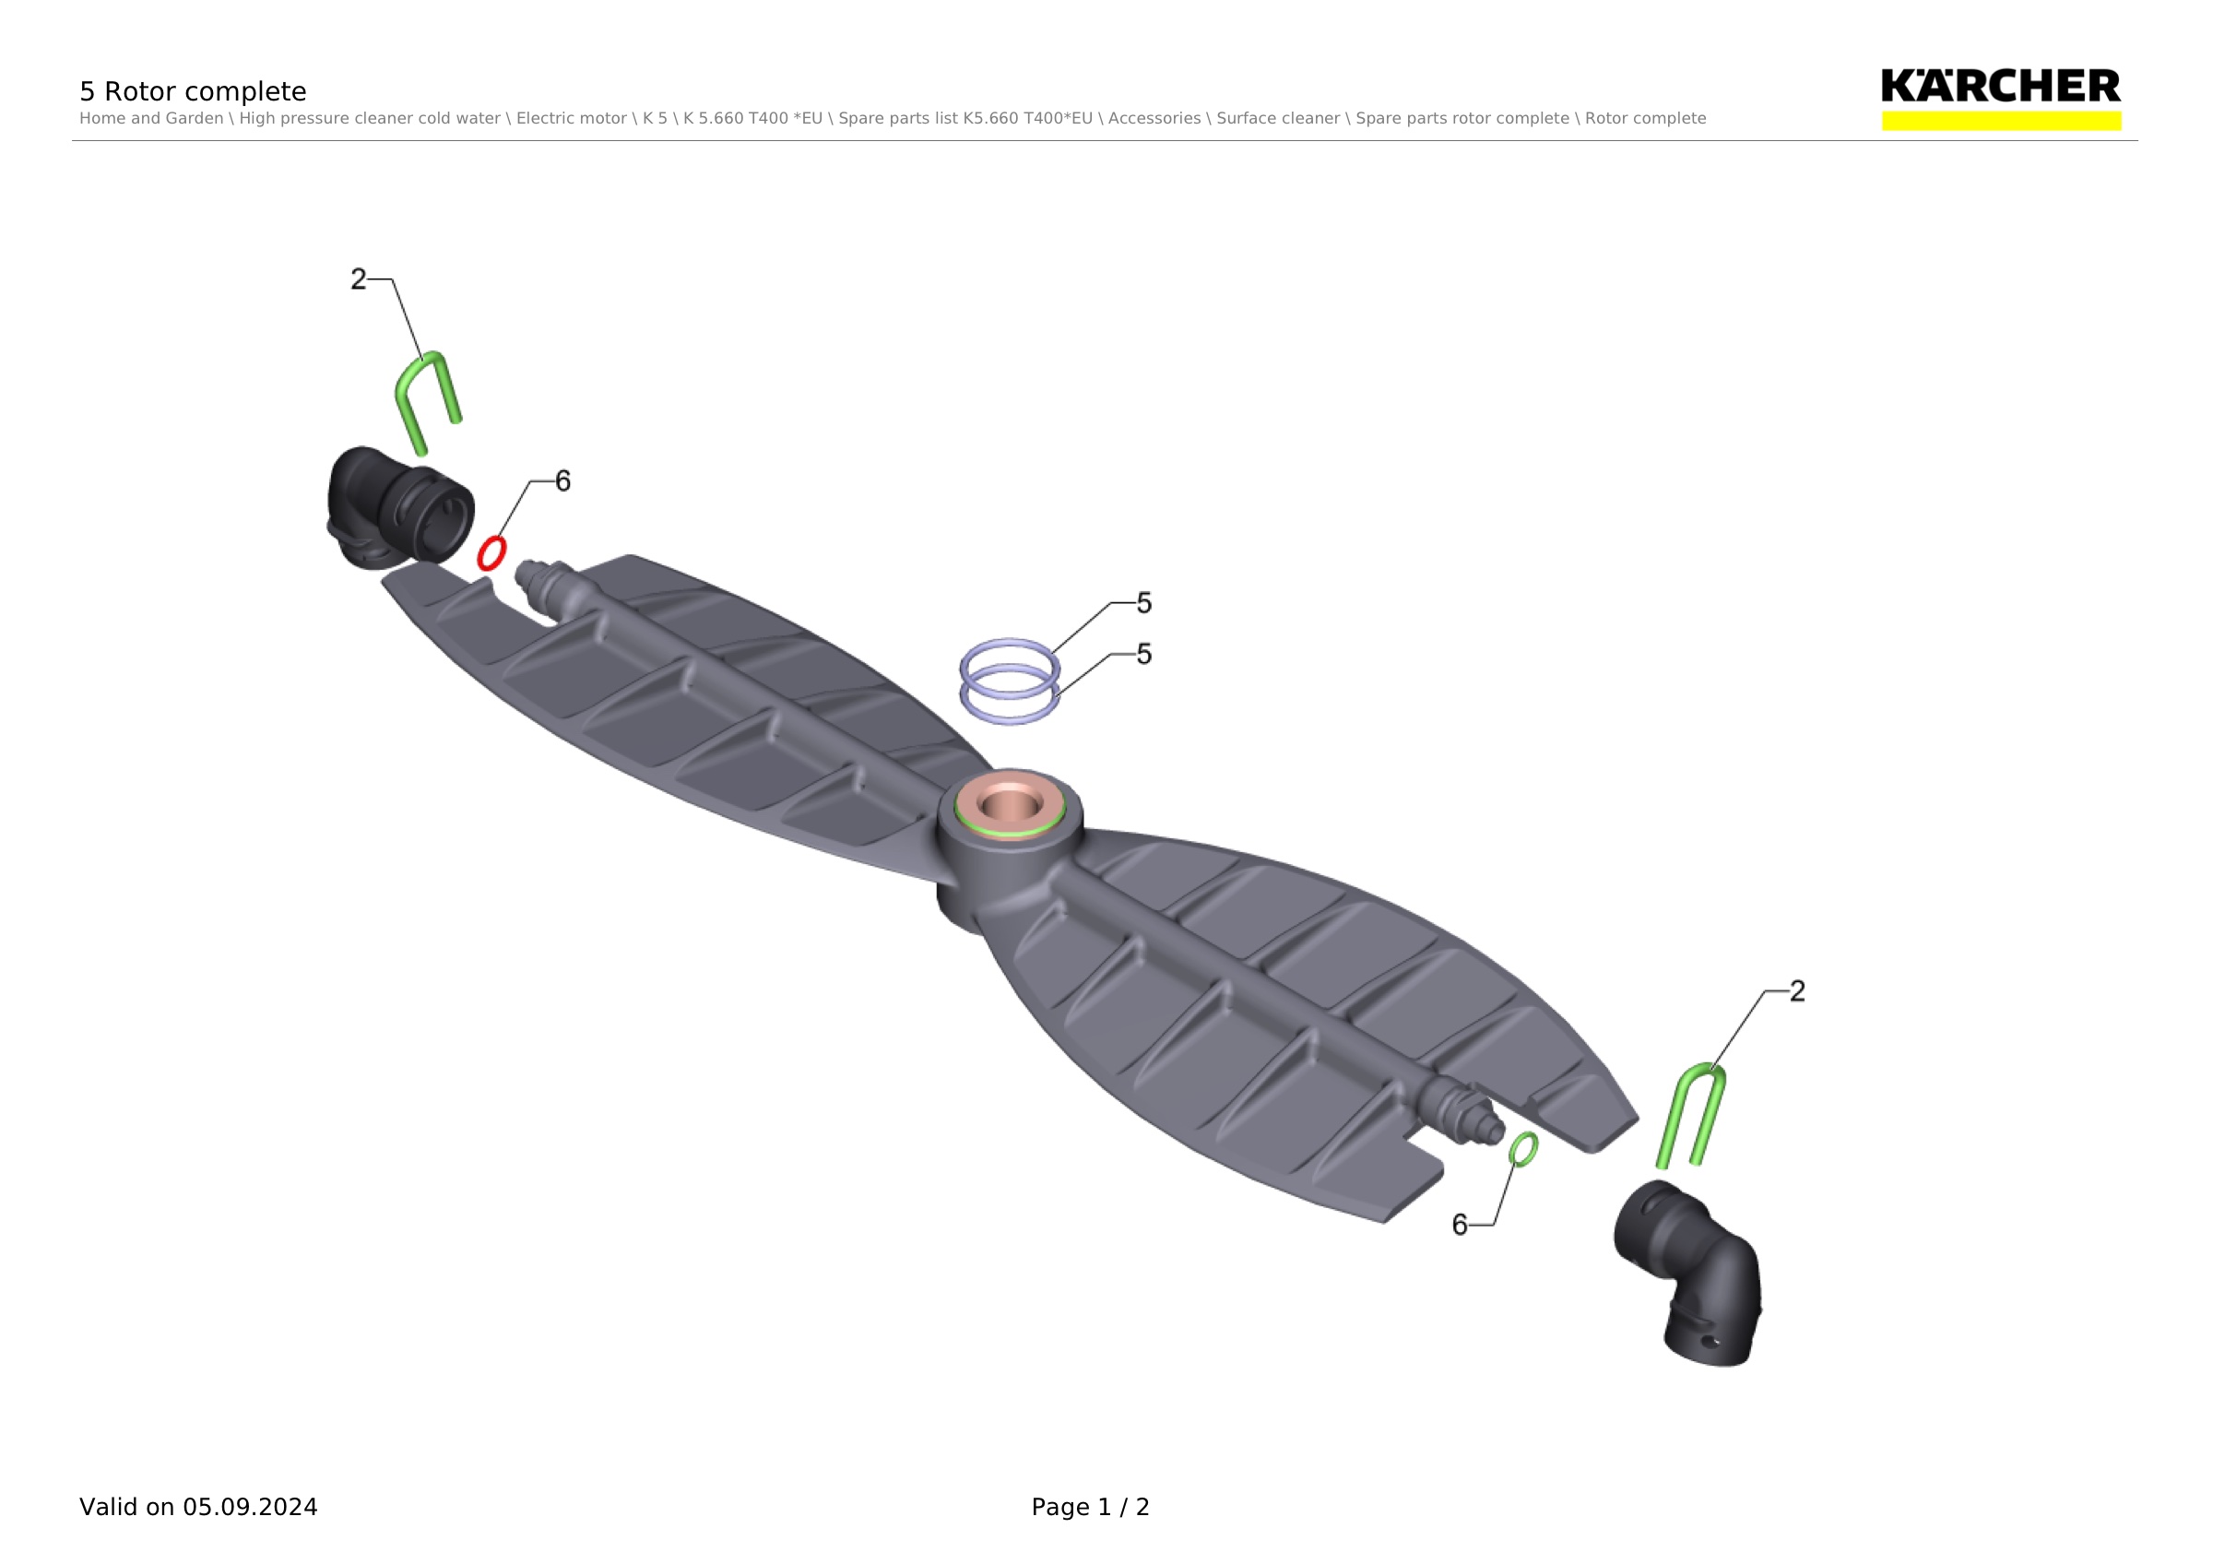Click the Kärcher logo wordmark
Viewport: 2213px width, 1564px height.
click(x=2000, y=86)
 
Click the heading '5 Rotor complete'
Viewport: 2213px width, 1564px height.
click(x=193, y=91)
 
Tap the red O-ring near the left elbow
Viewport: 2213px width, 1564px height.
click(x=491, y=553)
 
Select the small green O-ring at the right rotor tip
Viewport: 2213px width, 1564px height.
click(x=1523, y=1149)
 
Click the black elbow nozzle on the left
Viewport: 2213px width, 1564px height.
click(x=398, y=508)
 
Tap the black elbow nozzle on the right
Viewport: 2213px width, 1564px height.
click(x=1689, y=1273)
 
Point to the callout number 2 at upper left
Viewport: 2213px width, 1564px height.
click(x=359, y=279)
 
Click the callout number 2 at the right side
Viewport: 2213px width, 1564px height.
click(x=1797, y=990)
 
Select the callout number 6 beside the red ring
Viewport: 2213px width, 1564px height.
click(x=562, y=480)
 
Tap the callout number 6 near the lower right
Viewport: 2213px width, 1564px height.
click(x=1460, y=1225)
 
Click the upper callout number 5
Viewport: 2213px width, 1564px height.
click(x=1144, y=603)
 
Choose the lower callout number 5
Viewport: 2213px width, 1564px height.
click(x=1144, y=655)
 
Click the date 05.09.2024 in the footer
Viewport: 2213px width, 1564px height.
click(x=250, y=1507)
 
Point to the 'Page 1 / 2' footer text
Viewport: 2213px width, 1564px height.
click(x=1090, y=1507)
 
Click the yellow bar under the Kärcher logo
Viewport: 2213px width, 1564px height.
click(x=2001, y=121)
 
